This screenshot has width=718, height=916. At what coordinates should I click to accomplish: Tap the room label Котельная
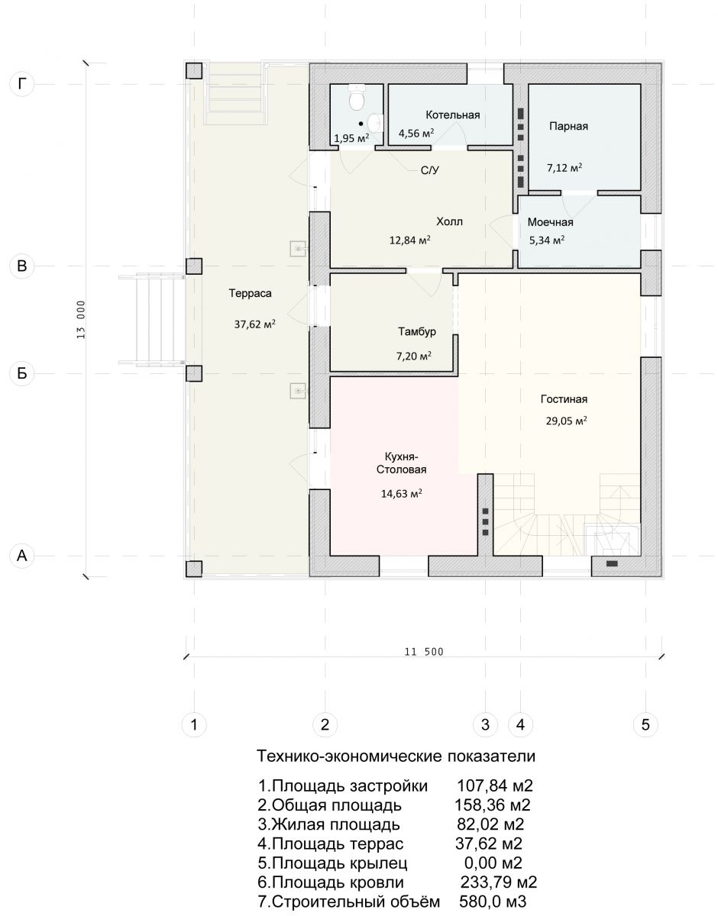coord(452,115)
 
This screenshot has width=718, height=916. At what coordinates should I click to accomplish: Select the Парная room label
coord(568,126)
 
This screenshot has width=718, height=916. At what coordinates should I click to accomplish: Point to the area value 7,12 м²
coord(564,168)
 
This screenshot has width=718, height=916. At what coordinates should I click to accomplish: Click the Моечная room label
coord(550,222)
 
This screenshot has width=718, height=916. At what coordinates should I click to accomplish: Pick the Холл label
coord(449,221)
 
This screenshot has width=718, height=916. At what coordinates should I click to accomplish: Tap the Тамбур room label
coord(417,331)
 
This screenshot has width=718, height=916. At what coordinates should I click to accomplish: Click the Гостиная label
coord(564,398)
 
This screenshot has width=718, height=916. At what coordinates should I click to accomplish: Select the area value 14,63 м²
coord(402,493)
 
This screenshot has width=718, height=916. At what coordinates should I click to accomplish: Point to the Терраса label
coord(250,293)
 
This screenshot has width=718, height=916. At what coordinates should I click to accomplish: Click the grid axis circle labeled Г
coord(22,84)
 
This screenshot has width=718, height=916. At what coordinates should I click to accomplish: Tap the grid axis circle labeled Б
coord(22,373)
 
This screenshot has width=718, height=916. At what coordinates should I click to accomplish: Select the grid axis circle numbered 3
coord(485,724)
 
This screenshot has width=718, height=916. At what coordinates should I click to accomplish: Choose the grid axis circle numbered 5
coord(645,724)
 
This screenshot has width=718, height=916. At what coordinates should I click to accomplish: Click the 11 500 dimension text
coord(424,652)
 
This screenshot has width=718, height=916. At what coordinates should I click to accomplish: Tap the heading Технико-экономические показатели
coord(396,756)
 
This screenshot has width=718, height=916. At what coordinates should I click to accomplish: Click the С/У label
coord(430,170)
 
